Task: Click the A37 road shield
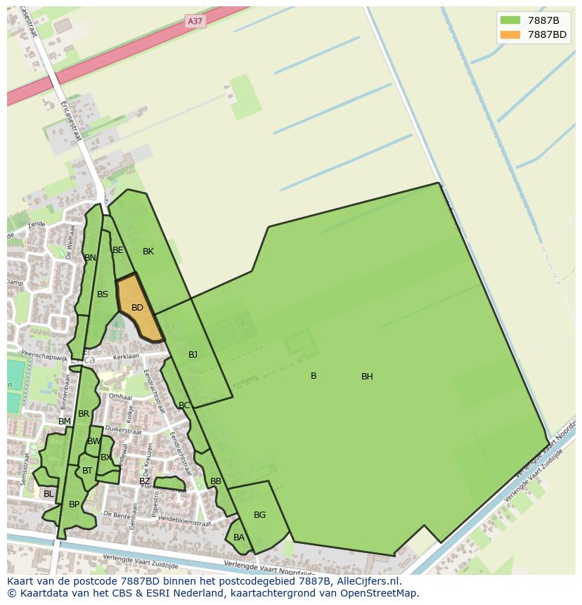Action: point(195,21)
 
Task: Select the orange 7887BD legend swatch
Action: point(511,34)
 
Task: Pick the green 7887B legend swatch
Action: point(511,20)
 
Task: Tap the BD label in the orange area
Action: point(137,308)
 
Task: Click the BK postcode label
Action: point(148,252)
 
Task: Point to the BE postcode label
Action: point(118,250)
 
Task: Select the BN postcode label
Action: point(90,258)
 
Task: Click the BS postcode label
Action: point(103,294)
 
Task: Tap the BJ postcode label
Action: point(193,355)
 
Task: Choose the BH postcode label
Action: point(367,377)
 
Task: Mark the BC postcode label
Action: point(184,405)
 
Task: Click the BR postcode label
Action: point(84,414)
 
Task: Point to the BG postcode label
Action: point(259,515)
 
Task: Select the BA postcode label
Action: point(239,538)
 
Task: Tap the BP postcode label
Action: point(74,505)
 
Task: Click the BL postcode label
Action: point(48,494)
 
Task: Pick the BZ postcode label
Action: point(144,481)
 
